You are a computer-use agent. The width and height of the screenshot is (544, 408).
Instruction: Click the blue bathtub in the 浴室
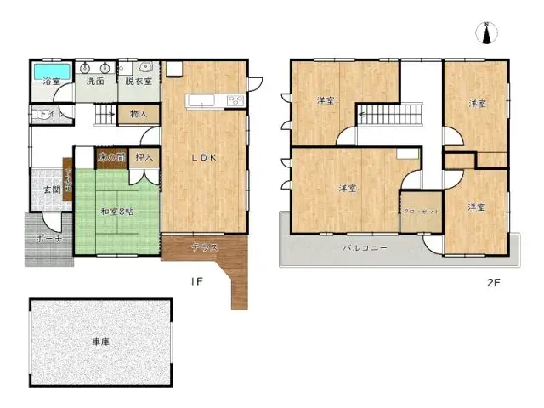coord(51,70)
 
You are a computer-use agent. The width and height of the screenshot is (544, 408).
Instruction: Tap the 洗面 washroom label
coord(95,82)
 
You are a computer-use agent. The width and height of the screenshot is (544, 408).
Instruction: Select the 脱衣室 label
coord(138,82)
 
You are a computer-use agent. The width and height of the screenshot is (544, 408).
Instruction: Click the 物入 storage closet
coord(139,114)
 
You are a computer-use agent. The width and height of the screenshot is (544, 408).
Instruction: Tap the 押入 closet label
coord(144,157)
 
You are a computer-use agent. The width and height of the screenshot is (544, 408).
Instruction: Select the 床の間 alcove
coord(110,157)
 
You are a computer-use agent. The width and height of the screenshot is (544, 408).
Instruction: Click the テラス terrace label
coord(204,247)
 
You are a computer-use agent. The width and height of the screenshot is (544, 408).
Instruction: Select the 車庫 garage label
coord(101,342)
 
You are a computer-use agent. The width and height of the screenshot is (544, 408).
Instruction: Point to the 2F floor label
coord(494,282)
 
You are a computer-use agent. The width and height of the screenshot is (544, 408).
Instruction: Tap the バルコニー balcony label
coord(366,248)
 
